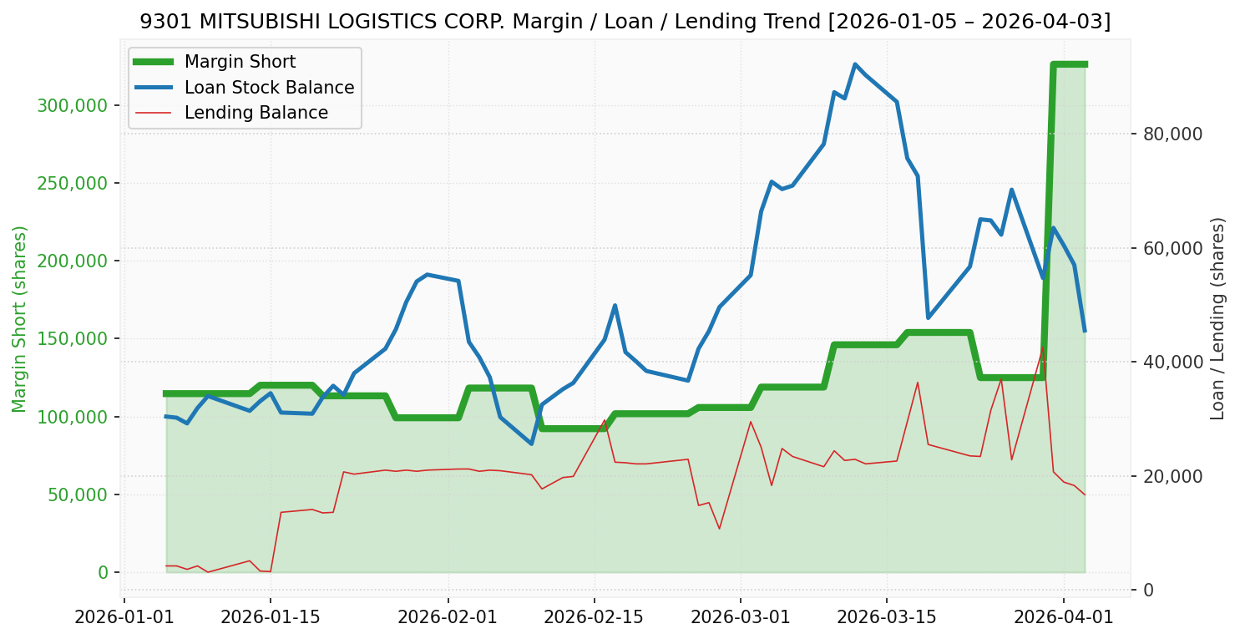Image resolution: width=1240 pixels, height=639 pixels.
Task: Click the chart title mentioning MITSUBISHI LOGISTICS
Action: (625, 22)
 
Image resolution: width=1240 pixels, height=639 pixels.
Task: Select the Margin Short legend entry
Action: (240, 62)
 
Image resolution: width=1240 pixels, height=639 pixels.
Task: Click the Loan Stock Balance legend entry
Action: (269, 88)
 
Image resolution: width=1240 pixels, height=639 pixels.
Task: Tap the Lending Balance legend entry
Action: (256, 113)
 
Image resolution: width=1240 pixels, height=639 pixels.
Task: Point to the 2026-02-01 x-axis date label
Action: (448, 619)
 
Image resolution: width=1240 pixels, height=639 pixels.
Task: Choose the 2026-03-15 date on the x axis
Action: (886, 619)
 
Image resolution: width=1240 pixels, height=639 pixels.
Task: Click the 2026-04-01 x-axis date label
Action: (1064, 619)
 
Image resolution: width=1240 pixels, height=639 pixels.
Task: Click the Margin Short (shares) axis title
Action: (19, 318)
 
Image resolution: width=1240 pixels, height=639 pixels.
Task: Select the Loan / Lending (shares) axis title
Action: (1217, 318)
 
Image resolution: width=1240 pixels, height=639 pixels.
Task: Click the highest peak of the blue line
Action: (855, 64)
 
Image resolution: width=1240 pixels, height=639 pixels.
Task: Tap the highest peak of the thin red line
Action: (1042, 347)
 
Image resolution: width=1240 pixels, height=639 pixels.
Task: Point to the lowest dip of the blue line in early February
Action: (531, 444)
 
